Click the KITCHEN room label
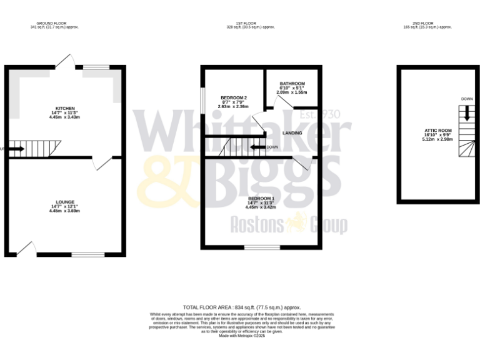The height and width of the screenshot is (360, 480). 65,108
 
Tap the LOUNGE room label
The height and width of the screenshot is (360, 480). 65,202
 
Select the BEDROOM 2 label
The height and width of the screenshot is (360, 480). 234,98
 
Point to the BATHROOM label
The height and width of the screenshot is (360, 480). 292,84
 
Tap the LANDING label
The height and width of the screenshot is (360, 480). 292,133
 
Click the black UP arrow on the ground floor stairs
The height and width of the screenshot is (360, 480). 16,149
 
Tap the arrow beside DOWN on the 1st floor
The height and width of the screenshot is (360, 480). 257,147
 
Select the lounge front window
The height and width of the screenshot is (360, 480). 87,254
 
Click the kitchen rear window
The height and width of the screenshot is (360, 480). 96,67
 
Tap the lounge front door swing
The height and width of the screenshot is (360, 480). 25,248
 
